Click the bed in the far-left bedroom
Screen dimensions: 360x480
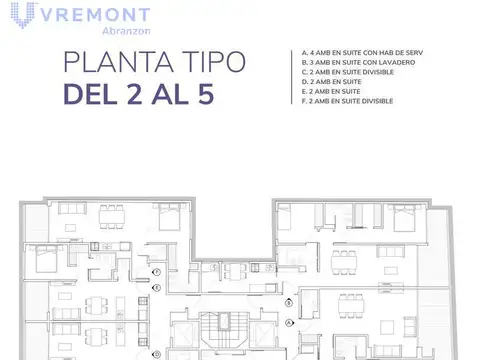45,261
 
